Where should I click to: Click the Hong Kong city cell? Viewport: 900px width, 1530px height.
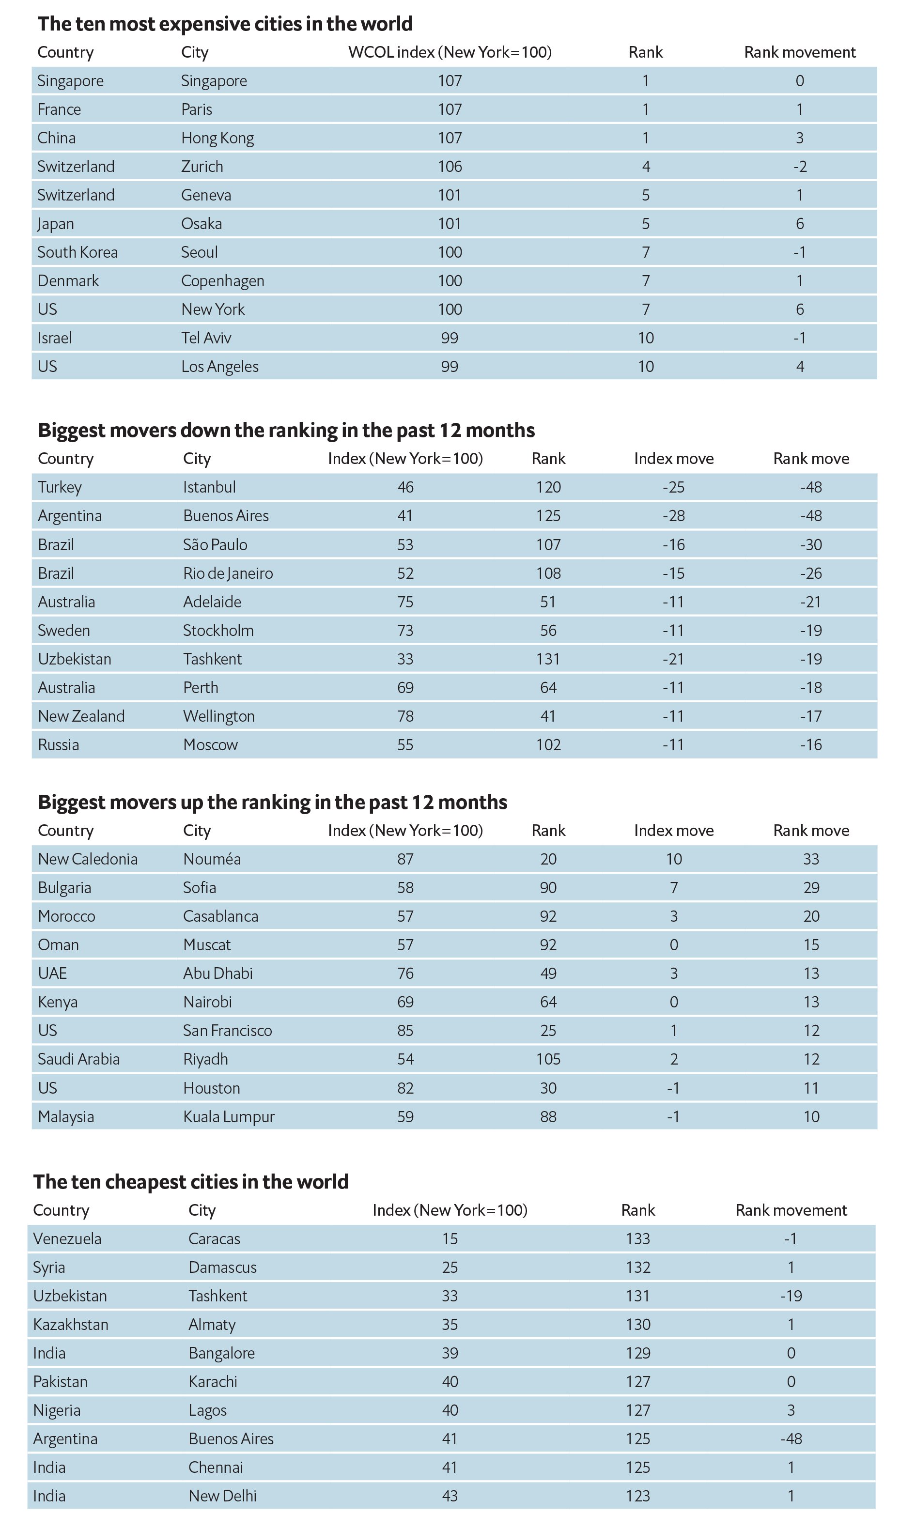tap(217, 139)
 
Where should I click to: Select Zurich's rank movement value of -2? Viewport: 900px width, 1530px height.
tap(800, 166)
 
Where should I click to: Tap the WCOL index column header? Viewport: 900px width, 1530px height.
tap(450, 52)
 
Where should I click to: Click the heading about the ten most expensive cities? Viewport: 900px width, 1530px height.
tap(225, 24)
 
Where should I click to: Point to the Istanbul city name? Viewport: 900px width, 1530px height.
tap(210, 487)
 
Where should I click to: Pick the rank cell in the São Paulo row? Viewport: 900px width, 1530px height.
tap(548, 544)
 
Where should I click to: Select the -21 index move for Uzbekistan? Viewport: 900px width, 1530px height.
tap(673, 659)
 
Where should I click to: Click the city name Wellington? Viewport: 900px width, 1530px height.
tap(218, 716)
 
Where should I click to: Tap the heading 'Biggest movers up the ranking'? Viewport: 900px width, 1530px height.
tap(273, 802)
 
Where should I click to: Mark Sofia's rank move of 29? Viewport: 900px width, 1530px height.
tap(811, 888)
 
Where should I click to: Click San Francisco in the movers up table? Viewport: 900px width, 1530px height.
tap(228, 1030)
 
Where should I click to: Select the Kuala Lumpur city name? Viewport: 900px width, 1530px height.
tap(229, 1116)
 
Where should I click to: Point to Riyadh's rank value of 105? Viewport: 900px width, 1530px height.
tap(548, 1059)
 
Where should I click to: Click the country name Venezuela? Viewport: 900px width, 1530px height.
tap(67, 1238)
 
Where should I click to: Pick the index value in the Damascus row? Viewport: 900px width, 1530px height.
tap(450, 1267)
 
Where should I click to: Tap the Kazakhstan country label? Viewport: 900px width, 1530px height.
tap(71, 1324)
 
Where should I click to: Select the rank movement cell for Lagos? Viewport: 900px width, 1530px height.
tap(791, 1410)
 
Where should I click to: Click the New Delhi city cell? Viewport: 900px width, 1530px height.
tap(223, 1496)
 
